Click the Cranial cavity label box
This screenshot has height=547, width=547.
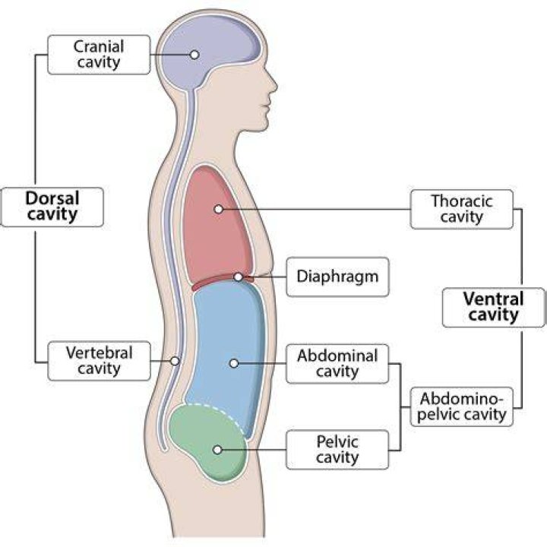[x=99, y=55]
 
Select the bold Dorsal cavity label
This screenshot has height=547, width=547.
[x=52, y=207]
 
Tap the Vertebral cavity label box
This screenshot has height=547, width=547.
[x=99, y=361]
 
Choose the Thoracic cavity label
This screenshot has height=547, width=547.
[x=462, y=210]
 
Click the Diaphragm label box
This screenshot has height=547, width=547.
[x=337, y=277]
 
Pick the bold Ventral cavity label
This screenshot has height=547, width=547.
[x=493, y=308]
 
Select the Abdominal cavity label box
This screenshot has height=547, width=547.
[x=337, y=364]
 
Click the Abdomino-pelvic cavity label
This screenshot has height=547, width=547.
[x=462, y=406]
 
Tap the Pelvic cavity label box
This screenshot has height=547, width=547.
[x=337, y=450]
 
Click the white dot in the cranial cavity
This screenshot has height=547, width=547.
[x=194, y=55]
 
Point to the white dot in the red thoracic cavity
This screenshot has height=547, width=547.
[x=219, y=210]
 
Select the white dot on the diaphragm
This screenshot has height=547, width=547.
[x=239, y=277]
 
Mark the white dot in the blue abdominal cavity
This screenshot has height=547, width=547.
[x=234, y=363]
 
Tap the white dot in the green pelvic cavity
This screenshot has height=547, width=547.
[x=217, y=450]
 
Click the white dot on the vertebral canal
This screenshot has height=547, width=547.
[x=175, y=361]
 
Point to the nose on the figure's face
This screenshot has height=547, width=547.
[x=273, y=83]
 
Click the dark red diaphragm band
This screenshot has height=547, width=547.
[x=217, y=281]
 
